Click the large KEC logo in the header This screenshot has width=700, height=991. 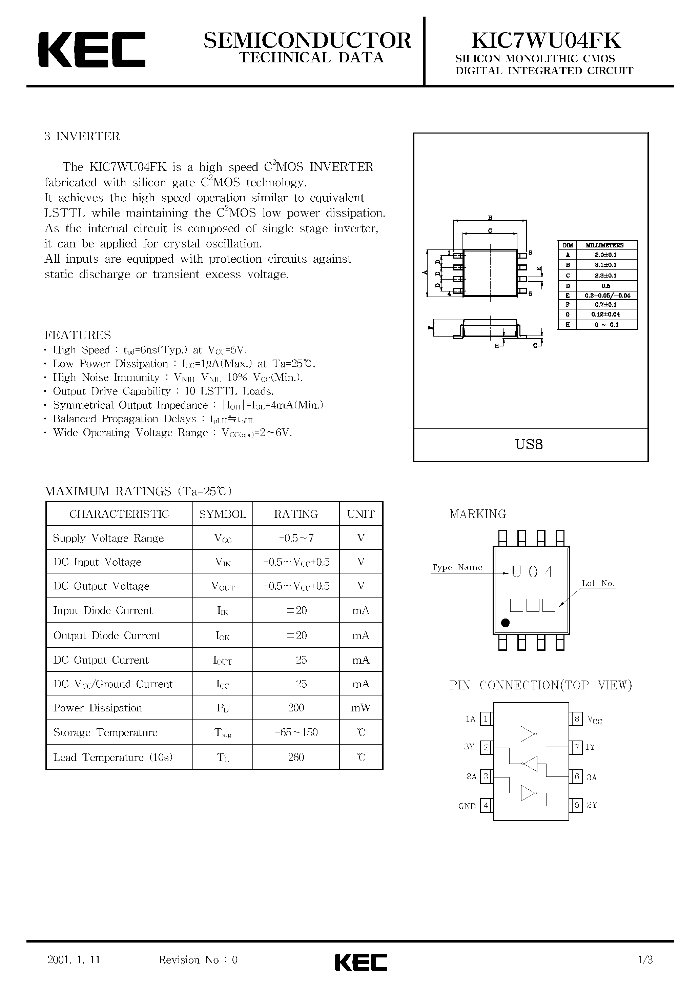pyautogui.click(x=91, y=49)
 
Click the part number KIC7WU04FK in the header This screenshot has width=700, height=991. pyautogui.click(x=545, y=41)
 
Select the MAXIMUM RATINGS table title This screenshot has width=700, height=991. pyautogui.click(x=138, y=491)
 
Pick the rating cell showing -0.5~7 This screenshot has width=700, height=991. pyautogui.click(x=296, y=538)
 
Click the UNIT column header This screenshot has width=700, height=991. pyautogui.click(x=361, y=513)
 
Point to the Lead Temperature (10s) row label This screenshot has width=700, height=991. pyautogui.click(x=112, y=757)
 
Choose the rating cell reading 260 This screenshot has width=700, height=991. pyautogui.click(x=296, y=757)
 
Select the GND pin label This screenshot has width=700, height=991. pyautogui.click(x=467, y=806)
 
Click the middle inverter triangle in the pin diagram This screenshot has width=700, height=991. pyautogui.click(x=530, y=764)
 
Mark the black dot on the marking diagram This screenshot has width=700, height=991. pyautogui.click(x=506, y=622)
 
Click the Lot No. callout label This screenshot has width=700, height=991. pyautogui.click(x=598, y=583)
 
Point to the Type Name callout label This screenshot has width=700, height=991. pyautogui.click(x=457, y=567)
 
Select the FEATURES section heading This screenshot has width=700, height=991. pyautogui.click(x=78, y=335)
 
